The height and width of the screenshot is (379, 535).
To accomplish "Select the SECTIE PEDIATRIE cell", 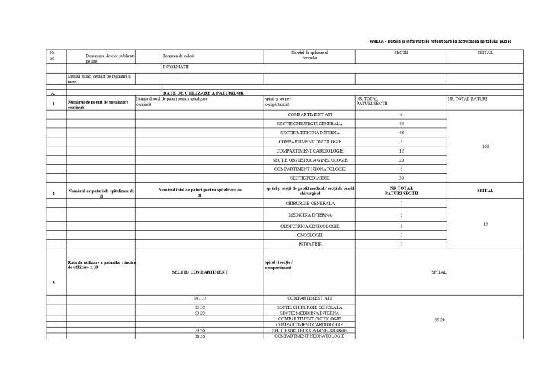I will tap(309, 178).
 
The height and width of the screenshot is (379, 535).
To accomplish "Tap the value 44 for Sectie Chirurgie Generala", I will tap(401, 124).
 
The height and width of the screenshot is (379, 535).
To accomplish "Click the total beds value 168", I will tap(485, 146).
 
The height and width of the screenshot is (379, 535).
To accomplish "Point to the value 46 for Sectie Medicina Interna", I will tap(401, 133).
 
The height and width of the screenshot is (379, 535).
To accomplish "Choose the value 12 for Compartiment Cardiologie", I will tap(401, 150).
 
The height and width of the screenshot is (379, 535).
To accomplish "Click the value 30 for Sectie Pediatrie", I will tap(401, 178).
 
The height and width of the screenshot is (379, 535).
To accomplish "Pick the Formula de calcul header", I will tap(179, 56).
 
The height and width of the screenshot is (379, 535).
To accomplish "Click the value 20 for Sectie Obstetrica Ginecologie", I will tap(401, 159).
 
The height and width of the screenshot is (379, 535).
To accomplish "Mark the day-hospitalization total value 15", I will tap(485, 223).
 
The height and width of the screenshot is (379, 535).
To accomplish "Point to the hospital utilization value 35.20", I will tap(439, 318).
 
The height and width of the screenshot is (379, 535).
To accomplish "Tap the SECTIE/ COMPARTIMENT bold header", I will tap(200, 271).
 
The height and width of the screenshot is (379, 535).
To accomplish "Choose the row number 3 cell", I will tap(53, 283).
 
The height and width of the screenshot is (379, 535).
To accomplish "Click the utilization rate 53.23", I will tap(200, 313).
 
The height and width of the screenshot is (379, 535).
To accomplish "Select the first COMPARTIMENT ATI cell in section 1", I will tap(309, 114).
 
